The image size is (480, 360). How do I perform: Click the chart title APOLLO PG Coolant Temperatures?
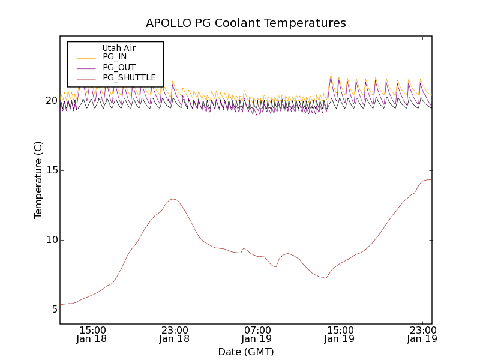[245, 23]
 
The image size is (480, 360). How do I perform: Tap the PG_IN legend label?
[115, 57]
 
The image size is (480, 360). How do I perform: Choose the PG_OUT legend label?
[119, 67]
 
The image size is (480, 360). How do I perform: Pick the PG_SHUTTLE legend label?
[129, 77]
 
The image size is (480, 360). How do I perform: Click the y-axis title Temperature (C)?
[38, 180]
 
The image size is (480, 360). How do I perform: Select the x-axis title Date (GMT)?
[245, 352]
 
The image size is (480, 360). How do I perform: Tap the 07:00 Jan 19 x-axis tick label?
[257, 334]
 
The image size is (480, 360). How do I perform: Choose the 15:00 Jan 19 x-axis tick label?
[340, 334]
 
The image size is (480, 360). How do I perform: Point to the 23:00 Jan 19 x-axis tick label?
[422, 334]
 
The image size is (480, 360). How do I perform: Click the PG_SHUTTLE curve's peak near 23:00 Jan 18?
[173, 199]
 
